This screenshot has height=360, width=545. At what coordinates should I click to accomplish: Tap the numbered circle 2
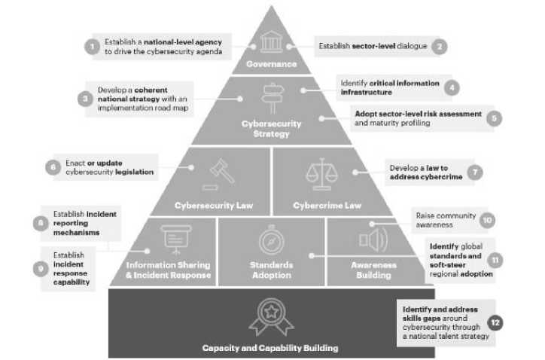440,46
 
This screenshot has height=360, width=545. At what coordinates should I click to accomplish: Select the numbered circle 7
474,172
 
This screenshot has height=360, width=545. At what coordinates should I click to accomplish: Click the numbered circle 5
494,117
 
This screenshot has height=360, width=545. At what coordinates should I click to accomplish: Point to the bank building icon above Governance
272,42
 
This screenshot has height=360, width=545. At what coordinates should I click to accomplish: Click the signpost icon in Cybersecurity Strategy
272,98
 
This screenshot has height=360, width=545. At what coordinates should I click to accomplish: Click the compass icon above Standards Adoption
271,240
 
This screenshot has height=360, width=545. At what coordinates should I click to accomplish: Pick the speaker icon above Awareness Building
373,240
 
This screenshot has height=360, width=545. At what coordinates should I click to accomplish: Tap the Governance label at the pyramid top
272,64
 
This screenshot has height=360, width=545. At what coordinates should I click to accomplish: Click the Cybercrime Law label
327,205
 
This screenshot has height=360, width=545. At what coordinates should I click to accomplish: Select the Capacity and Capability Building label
270,347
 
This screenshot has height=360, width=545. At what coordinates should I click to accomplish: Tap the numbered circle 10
487,221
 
